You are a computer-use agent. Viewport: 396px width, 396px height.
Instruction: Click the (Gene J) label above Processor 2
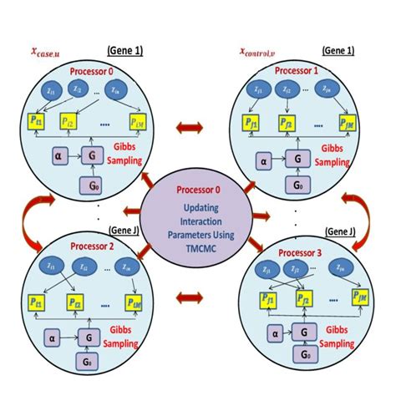(x=125, y=231)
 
